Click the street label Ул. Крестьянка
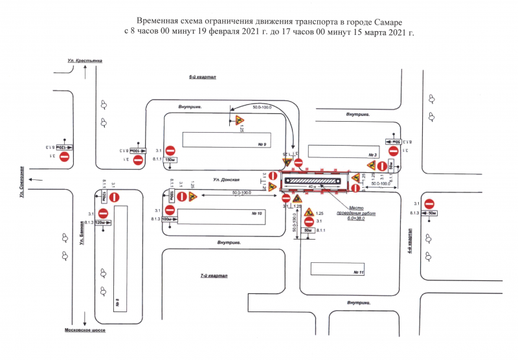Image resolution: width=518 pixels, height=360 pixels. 85,61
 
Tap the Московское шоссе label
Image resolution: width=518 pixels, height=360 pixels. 85,330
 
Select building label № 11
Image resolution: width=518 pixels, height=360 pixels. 359,273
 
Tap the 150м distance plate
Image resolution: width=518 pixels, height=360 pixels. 170,159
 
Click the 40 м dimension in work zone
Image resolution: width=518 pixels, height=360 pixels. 313,186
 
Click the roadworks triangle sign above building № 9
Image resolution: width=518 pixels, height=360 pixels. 238,120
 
